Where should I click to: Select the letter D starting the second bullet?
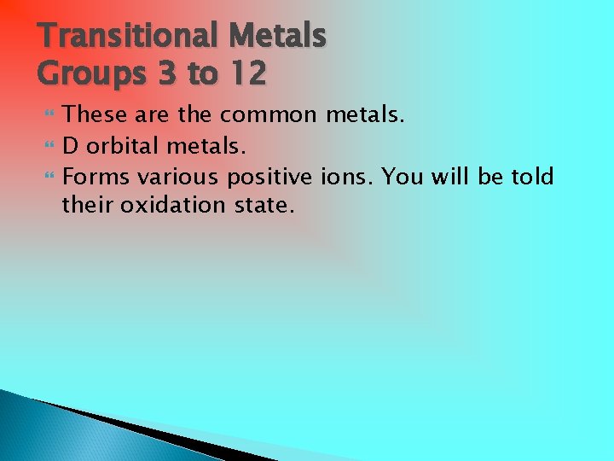71,146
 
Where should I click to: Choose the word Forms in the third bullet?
96,177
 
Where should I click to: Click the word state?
266,205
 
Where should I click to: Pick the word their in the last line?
88,205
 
